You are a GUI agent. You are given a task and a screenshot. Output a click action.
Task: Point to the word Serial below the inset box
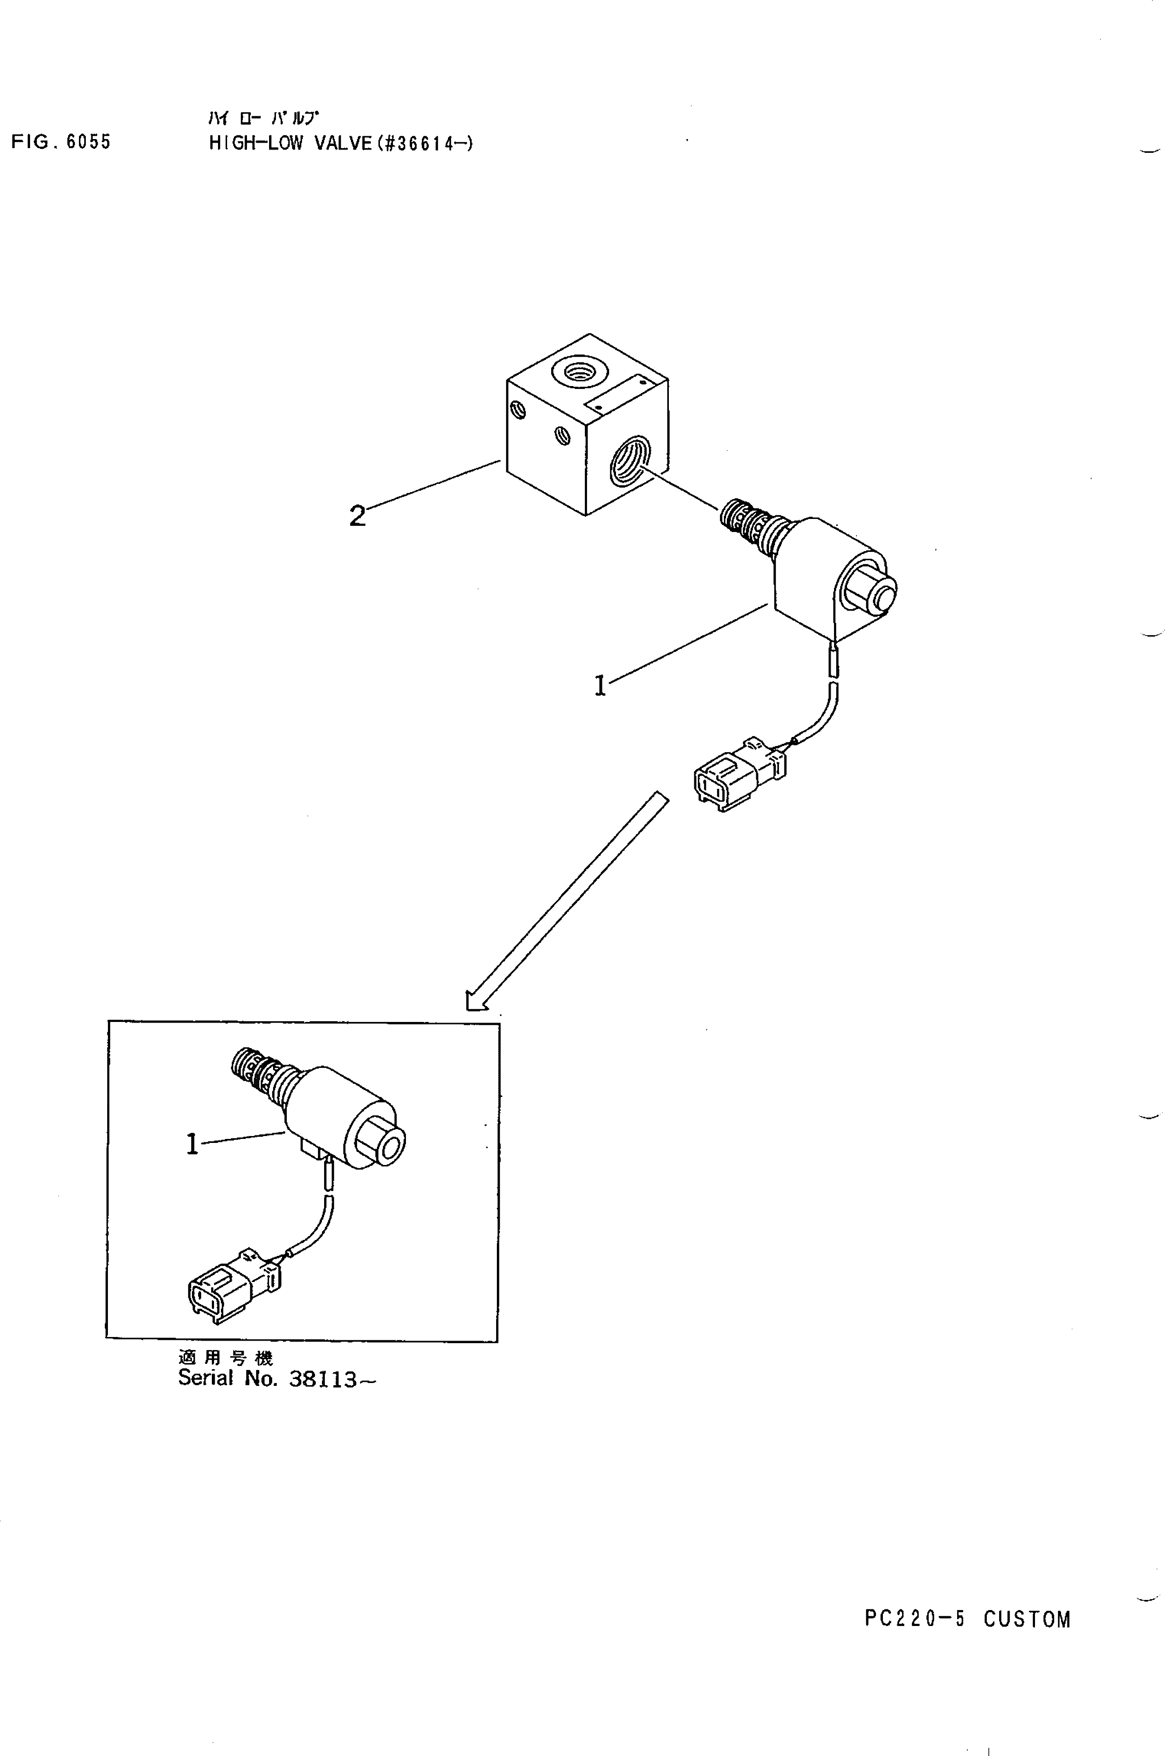[206, 1378]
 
